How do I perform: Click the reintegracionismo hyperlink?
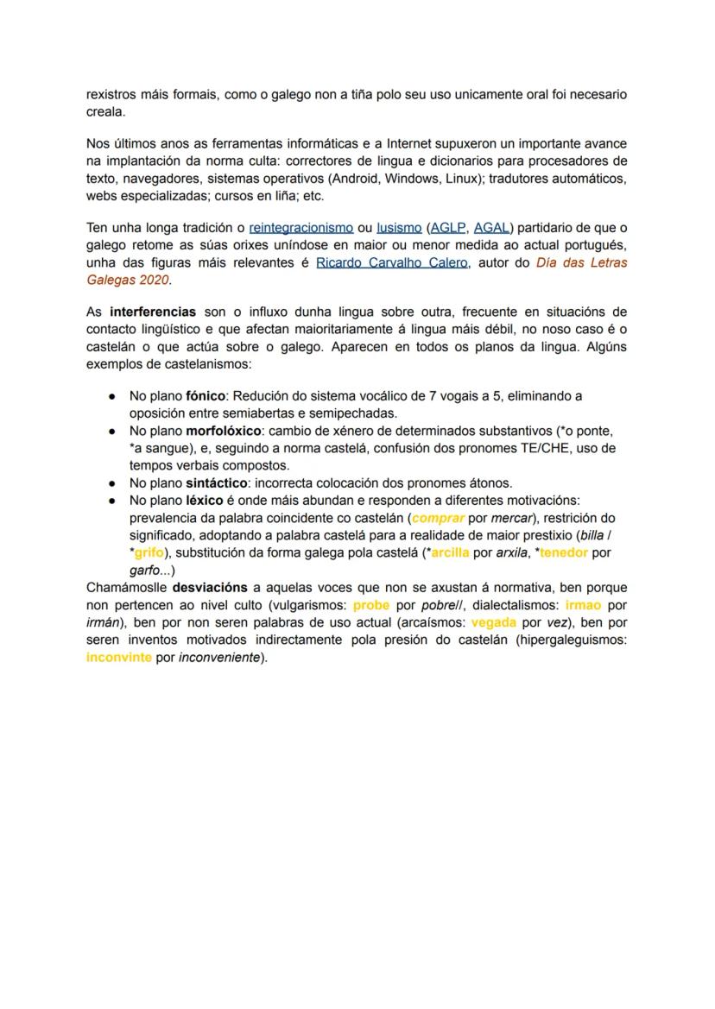pos(301,228)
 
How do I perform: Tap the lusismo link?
pos(398,228)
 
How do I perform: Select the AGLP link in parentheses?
pos(447,228)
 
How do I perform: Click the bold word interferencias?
pos(153,312)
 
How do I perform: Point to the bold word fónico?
pos(205,396)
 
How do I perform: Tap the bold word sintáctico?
pos(214,483)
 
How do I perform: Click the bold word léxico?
pos(204,501)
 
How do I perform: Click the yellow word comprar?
pos(438,519)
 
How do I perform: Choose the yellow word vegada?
pos(494,622)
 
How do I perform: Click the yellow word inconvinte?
pos(119,658)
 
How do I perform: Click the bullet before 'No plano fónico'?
pos(112,396)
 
